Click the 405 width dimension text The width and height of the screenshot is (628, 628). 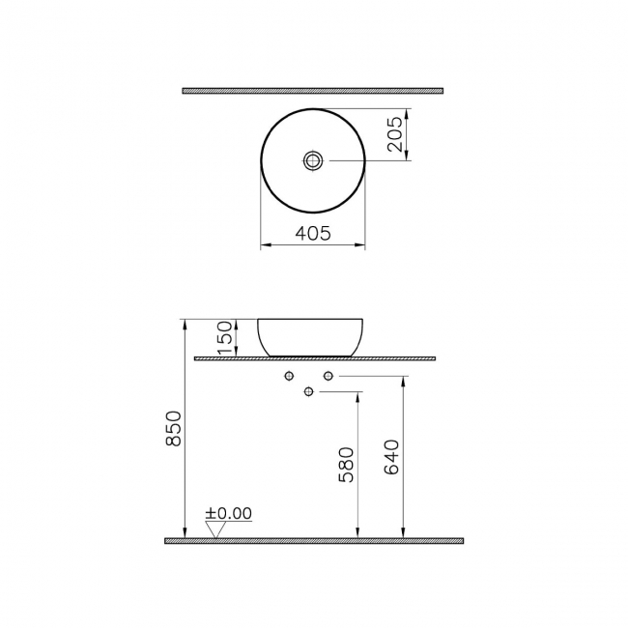[312, 233]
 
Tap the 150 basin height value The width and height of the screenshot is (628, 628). [223, 336]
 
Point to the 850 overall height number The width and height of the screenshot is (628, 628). [175, 428]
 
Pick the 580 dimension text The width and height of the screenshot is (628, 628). [348, 464]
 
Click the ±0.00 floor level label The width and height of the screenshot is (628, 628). [228, 514]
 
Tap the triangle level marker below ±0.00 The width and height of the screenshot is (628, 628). [214, 528]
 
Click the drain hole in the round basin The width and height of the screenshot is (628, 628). [313, 160]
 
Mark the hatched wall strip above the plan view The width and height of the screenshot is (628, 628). [312, 91]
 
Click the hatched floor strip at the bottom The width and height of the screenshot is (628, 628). [314, 541]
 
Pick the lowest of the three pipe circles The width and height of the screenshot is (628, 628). [309, 391]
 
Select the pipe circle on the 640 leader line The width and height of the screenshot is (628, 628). [328, 375]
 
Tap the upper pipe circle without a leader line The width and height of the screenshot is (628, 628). [289, 375]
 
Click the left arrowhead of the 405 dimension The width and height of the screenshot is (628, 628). [265, 246]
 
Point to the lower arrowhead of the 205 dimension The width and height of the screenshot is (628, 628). [406, 157]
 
